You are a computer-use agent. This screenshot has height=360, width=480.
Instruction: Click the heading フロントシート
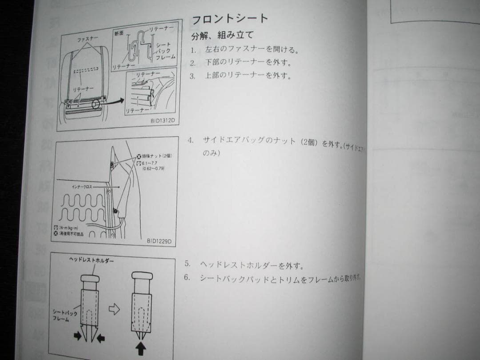pyautogui.click(x=229, y=19)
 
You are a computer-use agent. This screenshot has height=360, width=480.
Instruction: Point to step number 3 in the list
pyautogui.click(x=192, y=76)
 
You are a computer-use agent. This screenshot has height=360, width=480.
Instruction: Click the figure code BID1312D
pyautogui.click(x=162, y=120)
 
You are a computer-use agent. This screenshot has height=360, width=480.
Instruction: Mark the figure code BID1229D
pyautogui.click(x=159, y=241)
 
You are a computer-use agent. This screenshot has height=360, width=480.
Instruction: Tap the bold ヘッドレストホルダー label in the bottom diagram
pyautogui.click(x=91, y=260)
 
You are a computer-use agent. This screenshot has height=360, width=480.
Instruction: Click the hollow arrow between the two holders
pyautogui.click(x=114, y=310)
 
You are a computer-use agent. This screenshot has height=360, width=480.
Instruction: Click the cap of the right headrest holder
pyautogui.click(x=142, y=276)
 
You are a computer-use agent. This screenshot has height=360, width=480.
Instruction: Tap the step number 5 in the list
pyautogui.click(x=188, y=264)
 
